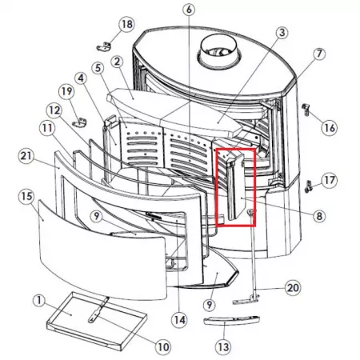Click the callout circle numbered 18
(x=126, y=24)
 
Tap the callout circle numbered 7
(x=319, y=54)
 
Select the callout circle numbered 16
(x=330, y=127)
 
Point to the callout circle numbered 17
(x=330, y=180)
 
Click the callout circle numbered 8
(x=319, y=216)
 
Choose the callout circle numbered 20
(x=293, y=288)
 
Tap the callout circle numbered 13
(x=223, y=347)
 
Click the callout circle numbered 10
(x=163, y=347)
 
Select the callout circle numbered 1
(x=39, y=301)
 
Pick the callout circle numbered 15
(x=26, y=197)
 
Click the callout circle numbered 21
(x=26, y=156)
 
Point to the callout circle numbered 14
(x=179, y=320)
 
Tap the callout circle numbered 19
(x=66, y=91)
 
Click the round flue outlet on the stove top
(x=219, y=51)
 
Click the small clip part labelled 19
(x=79, y=122)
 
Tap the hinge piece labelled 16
(x=306, y=109)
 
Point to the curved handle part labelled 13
(x=231, y=320)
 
